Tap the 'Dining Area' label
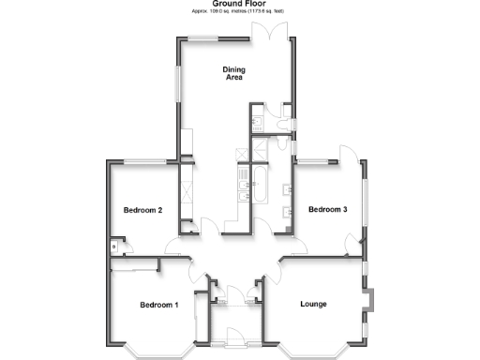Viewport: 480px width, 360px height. [233, 73]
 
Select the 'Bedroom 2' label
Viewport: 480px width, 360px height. [143, 211]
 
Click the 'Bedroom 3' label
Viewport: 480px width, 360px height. [328, 209]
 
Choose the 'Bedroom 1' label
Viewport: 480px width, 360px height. [158, 305]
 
